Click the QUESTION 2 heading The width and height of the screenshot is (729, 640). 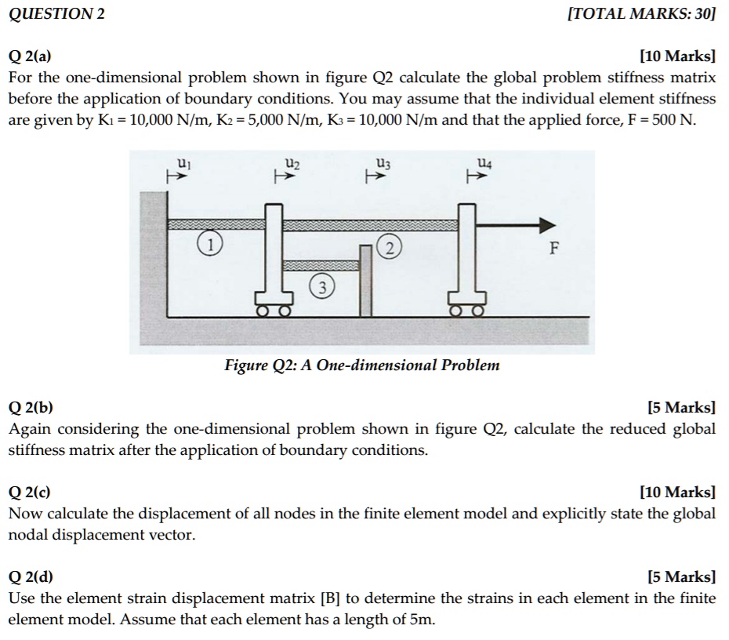click(56, 13)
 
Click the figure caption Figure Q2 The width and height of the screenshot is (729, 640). click(361, 365)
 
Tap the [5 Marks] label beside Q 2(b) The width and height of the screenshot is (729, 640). click(681, 408)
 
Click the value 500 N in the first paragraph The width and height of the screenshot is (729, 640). click(676, 122)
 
